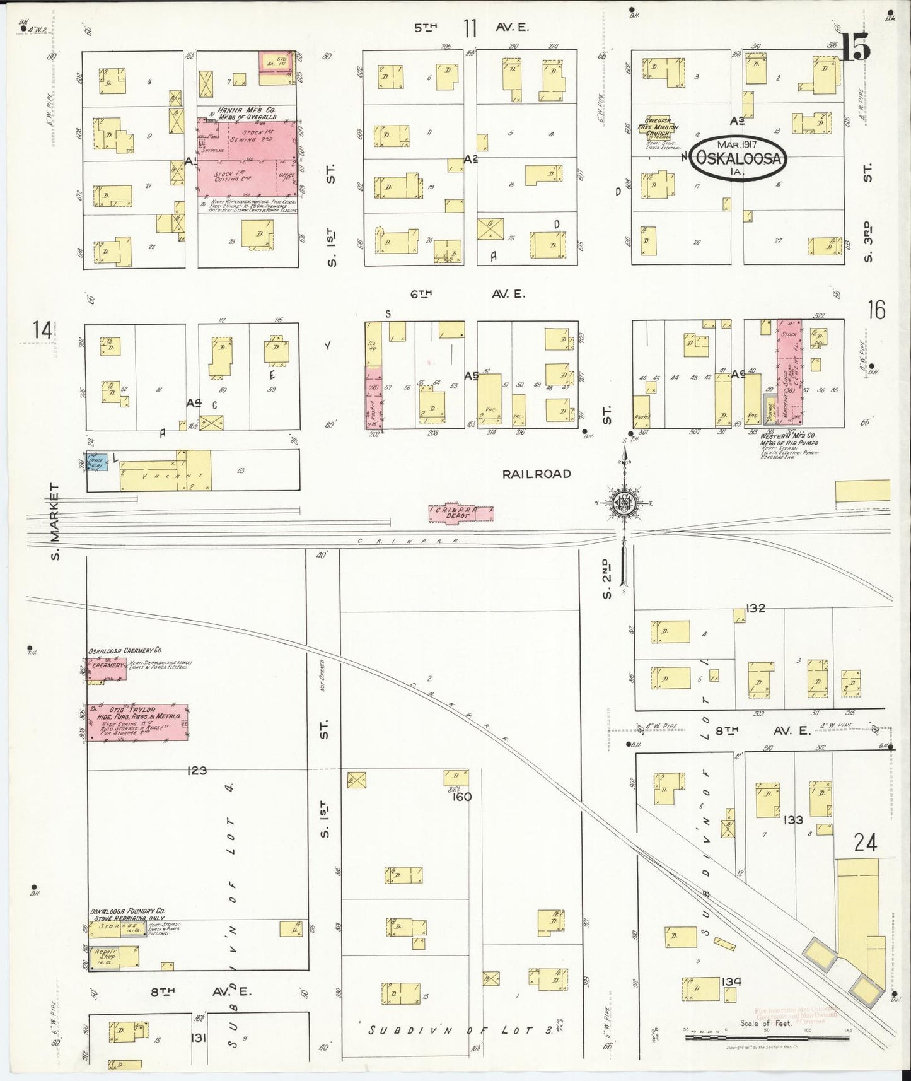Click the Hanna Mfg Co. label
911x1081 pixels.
[245, 113]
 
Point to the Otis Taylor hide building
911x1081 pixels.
[137, 722]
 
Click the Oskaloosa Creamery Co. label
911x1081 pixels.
[125, 650]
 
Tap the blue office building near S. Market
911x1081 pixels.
[98, 462]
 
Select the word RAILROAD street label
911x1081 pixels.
[536, 474]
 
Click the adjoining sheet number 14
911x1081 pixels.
[44, 330]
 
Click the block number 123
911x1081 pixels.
[197, 770]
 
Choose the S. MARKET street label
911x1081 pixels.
[54, 521]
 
